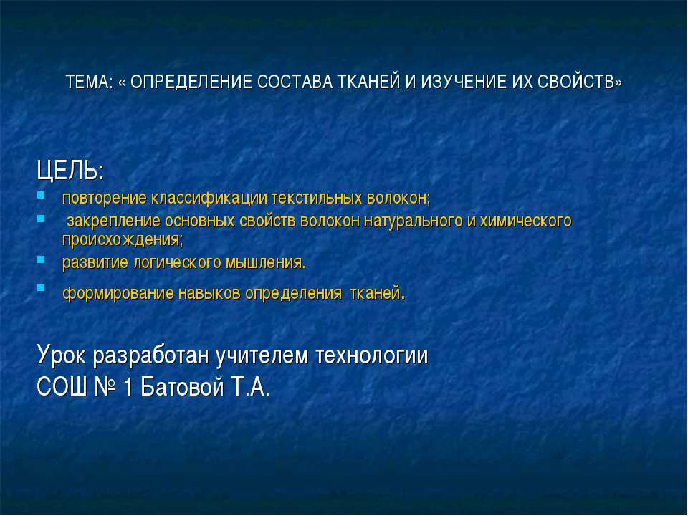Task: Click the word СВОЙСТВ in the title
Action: (x=580, y=82)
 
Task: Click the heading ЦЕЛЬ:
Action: (x=70, y=172)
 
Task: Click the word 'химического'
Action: (x=524, y=220)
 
